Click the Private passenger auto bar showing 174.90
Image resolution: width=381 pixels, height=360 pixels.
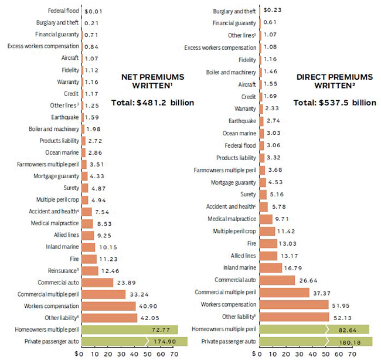click(x=134, y=341)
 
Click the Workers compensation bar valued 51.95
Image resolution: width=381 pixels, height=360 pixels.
click(x=293, y=305)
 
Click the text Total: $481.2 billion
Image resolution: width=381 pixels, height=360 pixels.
click(x=152, y=103)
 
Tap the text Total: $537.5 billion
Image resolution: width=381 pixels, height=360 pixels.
click(x=335, y=103)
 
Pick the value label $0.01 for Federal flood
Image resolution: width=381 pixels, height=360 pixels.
click(x=94, y=11)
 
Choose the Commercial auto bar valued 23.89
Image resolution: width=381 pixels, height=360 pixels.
click(x=97, y=283)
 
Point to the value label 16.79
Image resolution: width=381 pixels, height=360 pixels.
click(x=296, y=267)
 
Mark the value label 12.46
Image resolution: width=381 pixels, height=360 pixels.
click(x=113, y=270)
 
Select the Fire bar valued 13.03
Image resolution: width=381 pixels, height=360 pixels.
click(x=267, y=243)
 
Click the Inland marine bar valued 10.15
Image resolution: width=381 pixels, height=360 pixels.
click(x=89, y=246)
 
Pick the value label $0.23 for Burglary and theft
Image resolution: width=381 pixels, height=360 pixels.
click(x=273, y=10)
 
